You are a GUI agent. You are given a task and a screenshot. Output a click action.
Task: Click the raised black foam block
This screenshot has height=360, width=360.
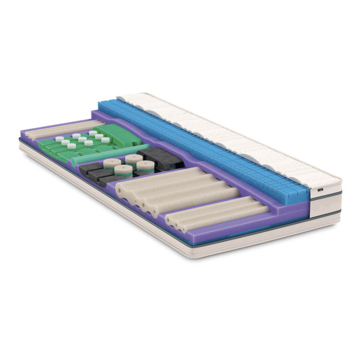pyautogui.click(x=161, y=158)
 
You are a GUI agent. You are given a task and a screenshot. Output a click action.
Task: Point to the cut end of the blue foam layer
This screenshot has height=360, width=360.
pyautogui.click(x=297, y=194)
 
